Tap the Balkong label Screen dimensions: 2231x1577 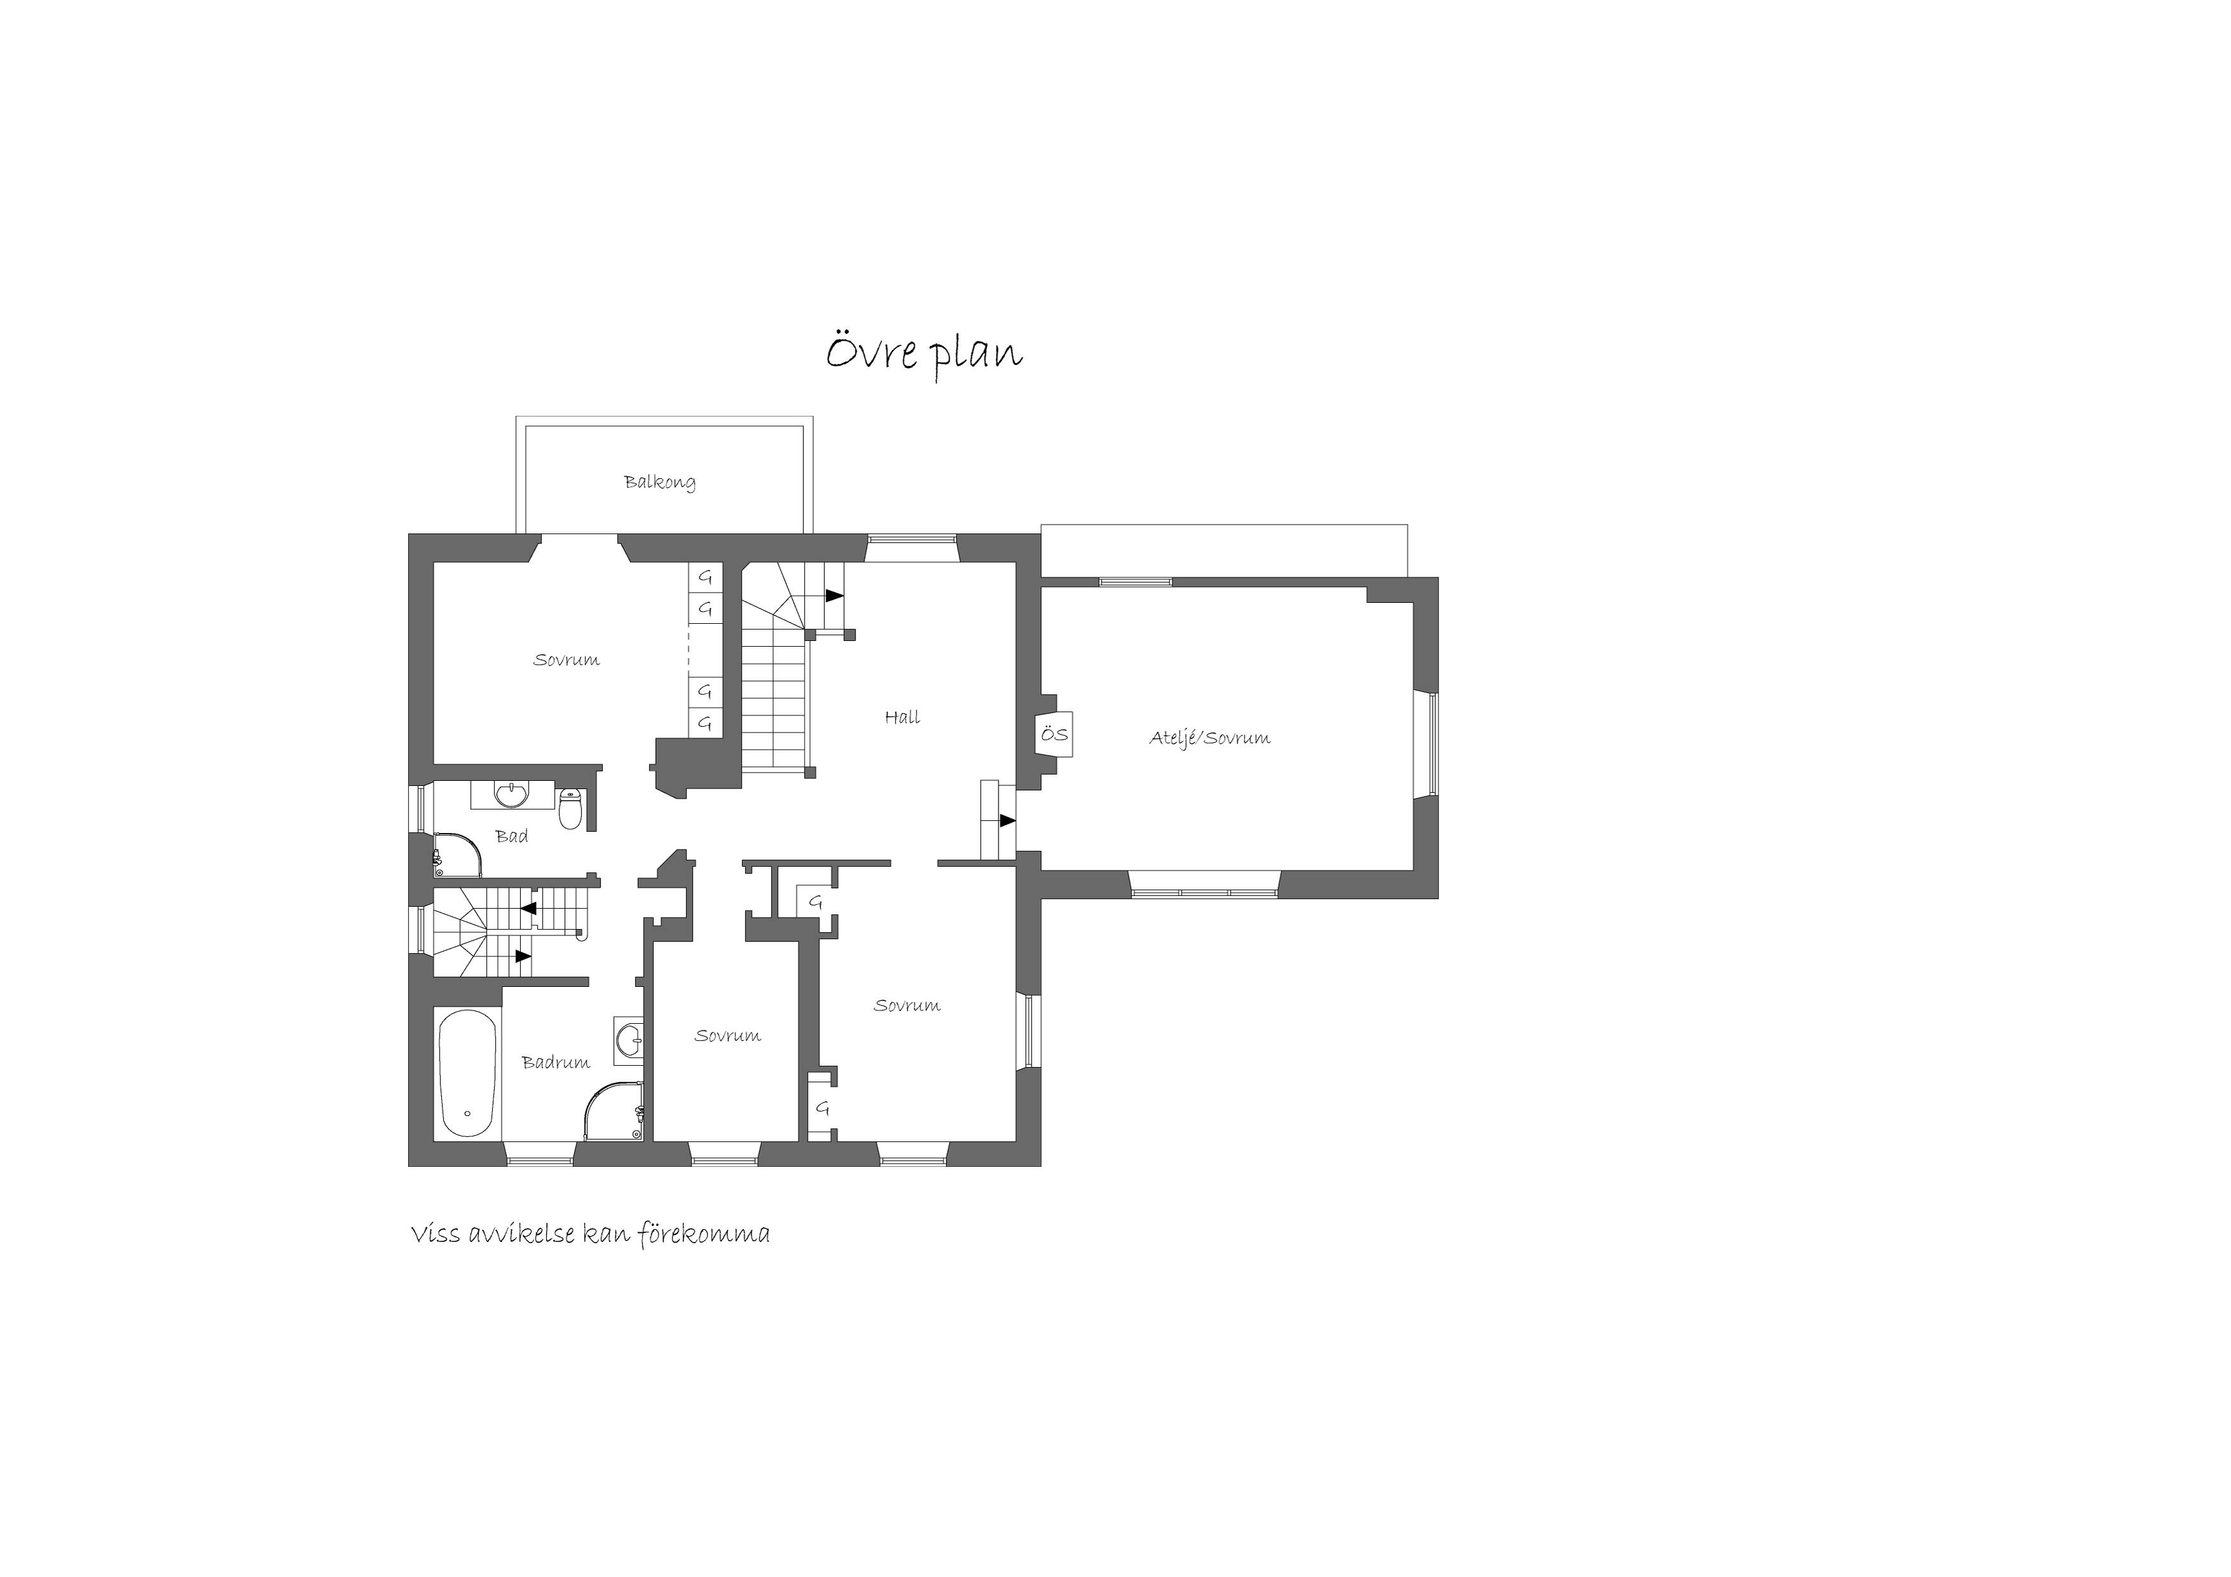click(x=660, y=482)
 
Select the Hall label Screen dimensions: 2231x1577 click(x=902, y=717)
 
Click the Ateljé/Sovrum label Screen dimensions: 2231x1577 click(x=1210, y=738)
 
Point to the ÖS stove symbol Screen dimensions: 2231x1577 click(x=1055, y=734)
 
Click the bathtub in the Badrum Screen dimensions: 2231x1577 click(x=467, y=1075)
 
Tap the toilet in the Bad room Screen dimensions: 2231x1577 click(x=571, y=809)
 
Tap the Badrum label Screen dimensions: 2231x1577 click(x=556, y=1062)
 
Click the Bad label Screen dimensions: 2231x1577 click(x=512, y=836)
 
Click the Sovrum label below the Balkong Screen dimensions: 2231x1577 click(x=567, y=660)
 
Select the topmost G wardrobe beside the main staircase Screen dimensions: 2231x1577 click(x=705, y=577)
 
